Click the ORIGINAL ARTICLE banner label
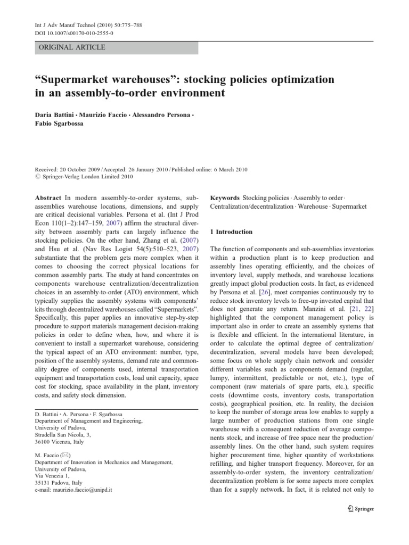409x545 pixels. click(70, 47)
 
